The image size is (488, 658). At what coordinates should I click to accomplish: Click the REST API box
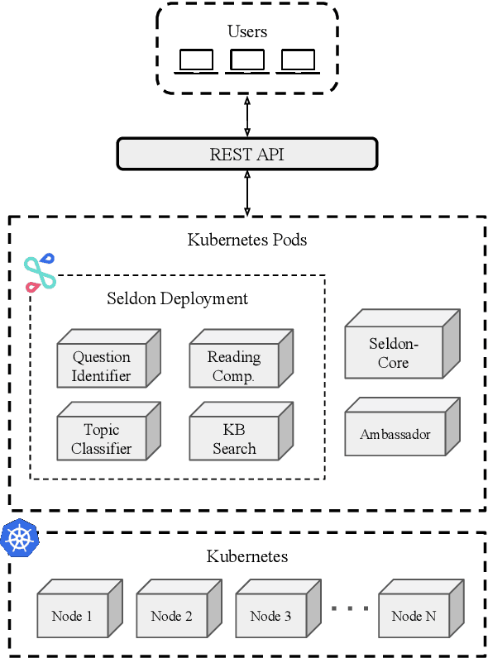246,154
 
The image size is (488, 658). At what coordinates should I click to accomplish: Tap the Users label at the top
247,31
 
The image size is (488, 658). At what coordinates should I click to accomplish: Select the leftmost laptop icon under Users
197,61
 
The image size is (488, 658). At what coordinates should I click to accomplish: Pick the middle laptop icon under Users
247,61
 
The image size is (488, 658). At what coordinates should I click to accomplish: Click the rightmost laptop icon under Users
298,61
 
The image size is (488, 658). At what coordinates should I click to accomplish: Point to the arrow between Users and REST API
247,115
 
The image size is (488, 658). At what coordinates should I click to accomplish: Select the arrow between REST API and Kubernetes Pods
247,193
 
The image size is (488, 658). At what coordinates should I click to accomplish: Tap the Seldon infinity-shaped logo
40,273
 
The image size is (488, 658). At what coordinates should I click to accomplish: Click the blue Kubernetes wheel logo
19,538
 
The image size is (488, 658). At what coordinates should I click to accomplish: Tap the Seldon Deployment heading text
177,298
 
